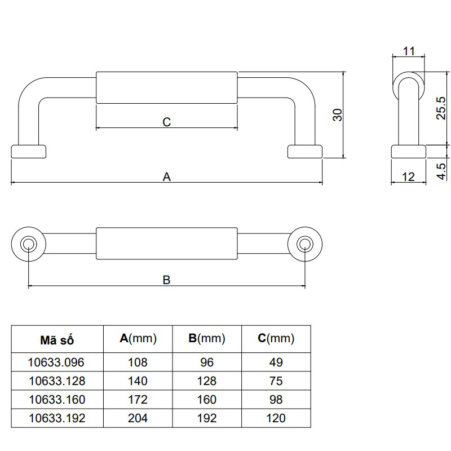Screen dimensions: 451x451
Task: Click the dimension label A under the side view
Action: (x=167, y=176)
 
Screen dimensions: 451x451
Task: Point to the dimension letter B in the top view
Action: (x=167, y=280)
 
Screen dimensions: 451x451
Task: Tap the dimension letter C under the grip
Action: (x=167, y=122)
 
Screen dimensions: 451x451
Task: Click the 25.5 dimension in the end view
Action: (x=441, y=108)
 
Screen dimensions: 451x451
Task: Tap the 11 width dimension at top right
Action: (x=409, y=51)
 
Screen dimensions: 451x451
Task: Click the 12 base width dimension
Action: (x=409, y=176)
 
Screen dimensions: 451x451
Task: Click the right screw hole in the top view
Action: (x=305, y=244)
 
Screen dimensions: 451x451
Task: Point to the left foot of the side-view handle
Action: (x=28, y=151)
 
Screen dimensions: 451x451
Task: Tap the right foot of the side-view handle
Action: (x=305, y=151)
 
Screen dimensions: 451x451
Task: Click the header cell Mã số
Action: (x=57, y=340)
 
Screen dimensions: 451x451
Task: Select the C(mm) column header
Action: (x=276, y=339)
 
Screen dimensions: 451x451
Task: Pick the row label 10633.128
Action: (x=57, y=381)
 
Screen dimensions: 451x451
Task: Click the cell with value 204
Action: (x=138, y=418)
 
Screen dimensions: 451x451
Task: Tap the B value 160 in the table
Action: (x=207, y=400)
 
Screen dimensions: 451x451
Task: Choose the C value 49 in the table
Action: (x=276, y=362)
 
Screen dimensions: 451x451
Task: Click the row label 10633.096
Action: (x=57, y=362)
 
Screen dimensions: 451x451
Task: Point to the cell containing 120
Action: (x=276, y=418)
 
